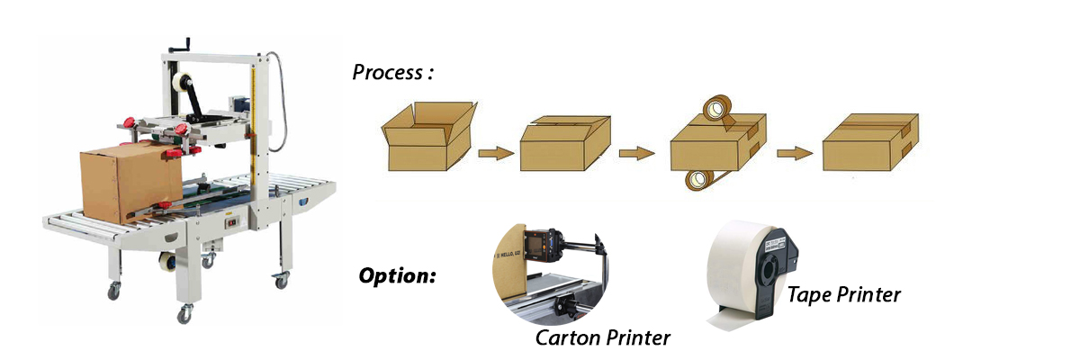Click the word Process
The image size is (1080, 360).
[387, 73]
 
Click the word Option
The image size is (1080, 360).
[397, 274]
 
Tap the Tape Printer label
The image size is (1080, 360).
[843, 293]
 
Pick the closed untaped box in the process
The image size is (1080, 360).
[565, 144]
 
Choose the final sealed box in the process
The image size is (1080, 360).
[870, 144]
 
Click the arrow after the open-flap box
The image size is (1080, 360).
[496, 154]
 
